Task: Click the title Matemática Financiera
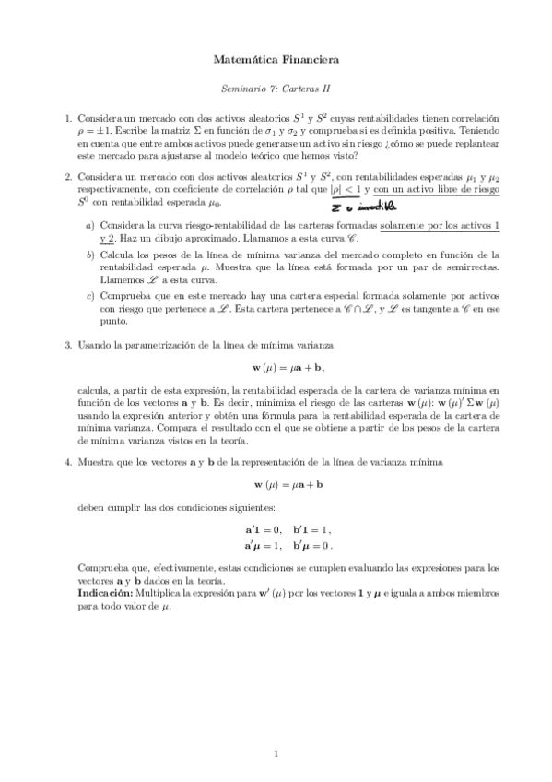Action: [276, 60]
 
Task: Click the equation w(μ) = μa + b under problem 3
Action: [276, 369]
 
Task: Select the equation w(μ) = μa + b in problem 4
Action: [276, 483]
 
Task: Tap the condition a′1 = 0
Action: [260, 530]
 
